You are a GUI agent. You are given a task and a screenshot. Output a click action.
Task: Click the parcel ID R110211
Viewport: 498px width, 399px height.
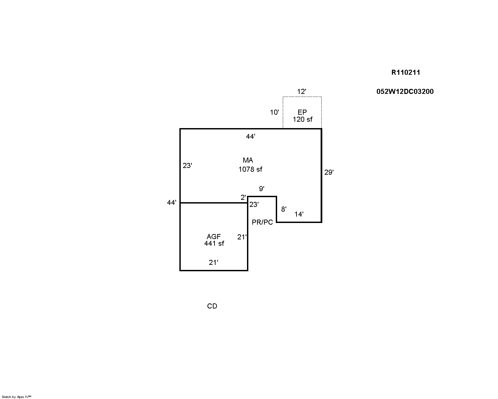pos(406,72)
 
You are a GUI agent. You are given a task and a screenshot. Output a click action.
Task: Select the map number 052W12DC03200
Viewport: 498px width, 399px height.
pos(405,92)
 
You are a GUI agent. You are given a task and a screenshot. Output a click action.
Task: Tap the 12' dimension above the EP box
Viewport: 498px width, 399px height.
pos(302,91)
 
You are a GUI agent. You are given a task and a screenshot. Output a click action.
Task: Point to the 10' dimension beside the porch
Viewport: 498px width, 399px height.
pos(274,112)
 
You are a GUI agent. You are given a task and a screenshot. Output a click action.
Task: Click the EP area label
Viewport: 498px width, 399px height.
pos(302,112)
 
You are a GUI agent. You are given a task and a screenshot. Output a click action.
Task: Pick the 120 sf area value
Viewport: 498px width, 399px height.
pos(303,119)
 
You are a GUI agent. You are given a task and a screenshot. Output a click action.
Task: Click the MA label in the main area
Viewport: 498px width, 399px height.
pos(248,160)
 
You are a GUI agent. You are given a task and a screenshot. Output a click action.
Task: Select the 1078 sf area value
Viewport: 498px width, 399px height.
pos(250,169)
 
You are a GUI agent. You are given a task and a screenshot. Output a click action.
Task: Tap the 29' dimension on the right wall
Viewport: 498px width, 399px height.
pos(329,172)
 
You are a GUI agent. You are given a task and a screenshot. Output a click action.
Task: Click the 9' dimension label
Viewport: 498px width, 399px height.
pos(262,189)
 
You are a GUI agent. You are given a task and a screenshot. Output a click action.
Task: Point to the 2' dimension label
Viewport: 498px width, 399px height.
pos(243,197)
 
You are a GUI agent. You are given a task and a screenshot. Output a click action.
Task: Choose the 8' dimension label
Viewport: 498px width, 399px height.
pos(283,209)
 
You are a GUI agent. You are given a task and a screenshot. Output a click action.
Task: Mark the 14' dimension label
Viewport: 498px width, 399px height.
pos(299,214)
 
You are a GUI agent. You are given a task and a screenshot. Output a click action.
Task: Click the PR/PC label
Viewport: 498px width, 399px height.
pos(262,222)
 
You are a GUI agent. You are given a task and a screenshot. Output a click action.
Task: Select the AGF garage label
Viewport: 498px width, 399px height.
pos(214,237)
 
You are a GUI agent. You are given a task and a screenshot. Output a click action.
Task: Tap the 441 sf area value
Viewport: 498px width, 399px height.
pos(214,243)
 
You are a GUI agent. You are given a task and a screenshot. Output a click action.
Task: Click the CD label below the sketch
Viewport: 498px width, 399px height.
pos(212,306)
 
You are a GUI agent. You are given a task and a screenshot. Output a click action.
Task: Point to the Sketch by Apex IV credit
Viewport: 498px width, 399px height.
pos(16,397)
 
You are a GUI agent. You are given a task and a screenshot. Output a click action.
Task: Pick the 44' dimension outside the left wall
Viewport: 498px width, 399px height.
pos(172,203)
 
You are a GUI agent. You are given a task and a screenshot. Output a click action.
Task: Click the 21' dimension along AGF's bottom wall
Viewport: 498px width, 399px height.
pos(214,263)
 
